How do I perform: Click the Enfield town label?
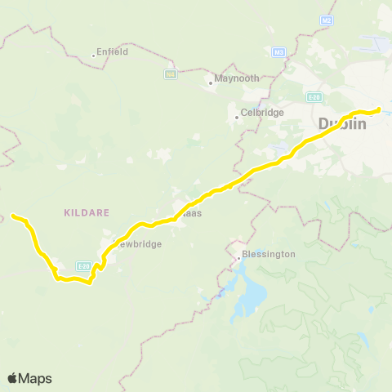click(x=113, y=51)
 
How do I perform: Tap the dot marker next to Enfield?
click(x=95, y=55)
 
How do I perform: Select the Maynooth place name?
click(x=238, y=78)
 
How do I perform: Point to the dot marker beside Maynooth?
click(x=211, y=81)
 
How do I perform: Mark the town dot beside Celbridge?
click(x=237, y=116)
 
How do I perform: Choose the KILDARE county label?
click(x=85, y=212)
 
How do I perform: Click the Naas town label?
click(x=191, y=213)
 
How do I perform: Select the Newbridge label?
click(x=137, y=243)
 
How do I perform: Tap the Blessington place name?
click(x=269, y=254)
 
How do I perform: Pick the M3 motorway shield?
click(x=279, y=53)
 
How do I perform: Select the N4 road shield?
click(x=171, y=73)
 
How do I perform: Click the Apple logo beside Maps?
click(x=13, y=378)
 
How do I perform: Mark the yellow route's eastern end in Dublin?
click(x=379, y=109)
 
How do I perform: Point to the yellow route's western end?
click(x=13, y=216)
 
